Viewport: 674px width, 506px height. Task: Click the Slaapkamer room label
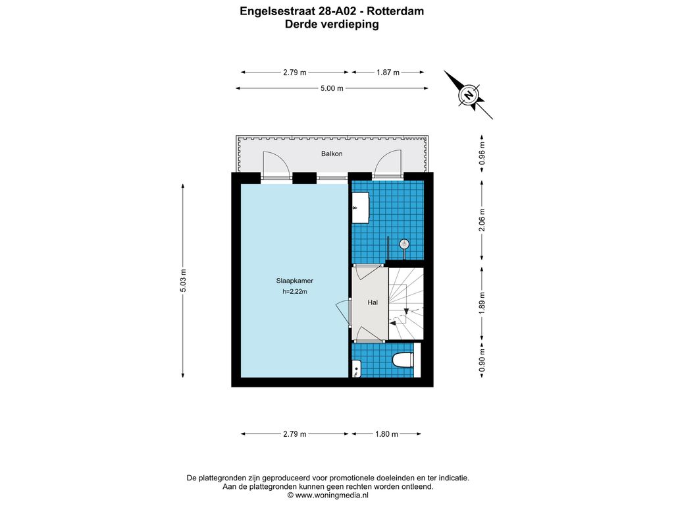[x=294, y=281]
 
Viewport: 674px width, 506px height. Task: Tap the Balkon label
[x=332, y=154]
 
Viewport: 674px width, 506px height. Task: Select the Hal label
[x=373, y=302]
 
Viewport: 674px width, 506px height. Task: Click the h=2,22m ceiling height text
[x=295, y=292]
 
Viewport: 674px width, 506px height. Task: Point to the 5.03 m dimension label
[x=183, y=281]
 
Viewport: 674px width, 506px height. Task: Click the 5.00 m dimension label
[x=332, y=89]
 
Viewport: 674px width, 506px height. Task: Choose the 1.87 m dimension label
[x=388, y=72]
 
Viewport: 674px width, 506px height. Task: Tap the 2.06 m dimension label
[x=482, y=220]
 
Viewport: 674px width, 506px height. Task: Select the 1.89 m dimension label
[x=482, y=303]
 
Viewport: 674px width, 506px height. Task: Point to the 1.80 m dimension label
[x=387, y=434]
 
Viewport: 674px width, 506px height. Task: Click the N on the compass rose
[x=469, y=94]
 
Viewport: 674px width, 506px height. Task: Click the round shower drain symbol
[x=404, y=244]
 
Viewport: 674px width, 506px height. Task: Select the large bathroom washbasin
[x=361, y=208]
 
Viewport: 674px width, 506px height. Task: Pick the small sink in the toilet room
[x=357, y=369]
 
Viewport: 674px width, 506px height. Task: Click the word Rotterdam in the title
[x=395, y=11]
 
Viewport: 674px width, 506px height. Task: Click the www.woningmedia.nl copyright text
[x=328, y=495]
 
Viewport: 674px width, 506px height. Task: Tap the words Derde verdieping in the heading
[x=332, y=24]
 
